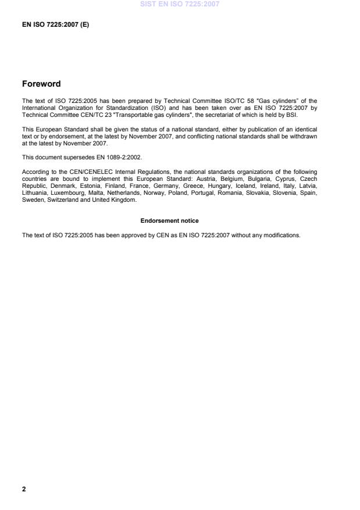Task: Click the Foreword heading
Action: [x=41, y=84]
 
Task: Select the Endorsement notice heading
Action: [x=169, y=221]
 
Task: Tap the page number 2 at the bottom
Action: [x=24, y=489]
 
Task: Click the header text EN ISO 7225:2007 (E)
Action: [x=55, y=25]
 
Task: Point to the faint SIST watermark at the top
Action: [x=180, y=5]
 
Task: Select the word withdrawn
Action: [x=302, y=135]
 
